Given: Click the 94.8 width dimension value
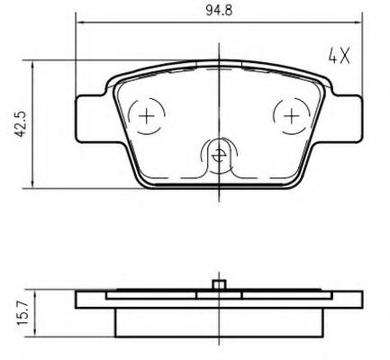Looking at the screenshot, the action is (219, 11).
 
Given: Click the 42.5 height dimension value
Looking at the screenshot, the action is (21, 124).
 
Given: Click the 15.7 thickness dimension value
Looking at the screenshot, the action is (23, 313).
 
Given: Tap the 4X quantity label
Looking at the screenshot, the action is (340, 56).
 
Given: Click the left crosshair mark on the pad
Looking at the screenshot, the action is (147, 116).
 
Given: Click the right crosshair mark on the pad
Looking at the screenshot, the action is (291, 116).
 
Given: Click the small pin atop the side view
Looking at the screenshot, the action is (219, 284).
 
